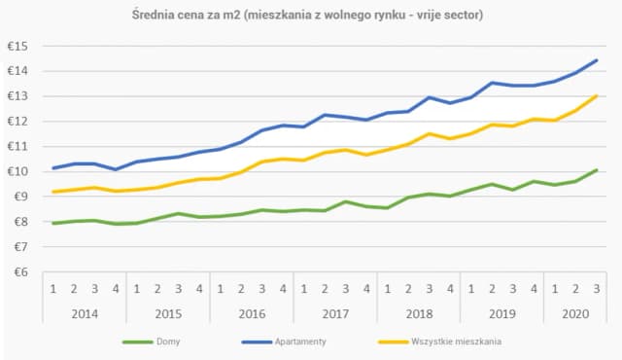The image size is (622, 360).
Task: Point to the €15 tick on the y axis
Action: [17, 47]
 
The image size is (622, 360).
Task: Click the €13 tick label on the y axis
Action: [17, 96]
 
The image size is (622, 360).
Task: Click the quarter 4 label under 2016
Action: [283, 289]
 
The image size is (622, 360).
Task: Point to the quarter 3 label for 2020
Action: [596, 289]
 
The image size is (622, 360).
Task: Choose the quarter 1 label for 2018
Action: [388, 289]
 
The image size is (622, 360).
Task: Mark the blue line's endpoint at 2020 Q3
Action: [596, 60]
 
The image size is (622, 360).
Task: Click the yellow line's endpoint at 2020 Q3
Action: [596, 95]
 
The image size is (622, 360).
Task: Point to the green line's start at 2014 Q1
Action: [52, 223]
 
